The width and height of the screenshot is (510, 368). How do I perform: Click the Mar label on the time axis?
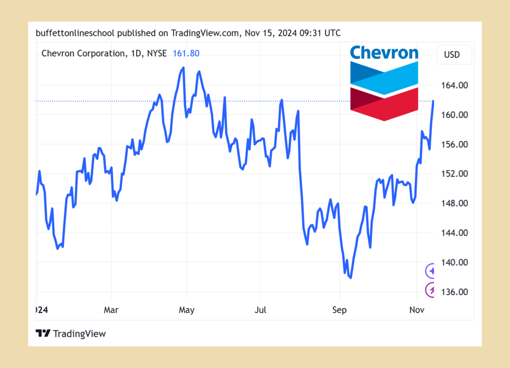[111, 310]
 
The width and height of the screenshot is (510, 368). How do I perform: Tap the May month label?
[186, 310]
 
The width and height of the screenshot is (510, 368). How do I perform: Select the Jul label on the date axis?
[260, 310]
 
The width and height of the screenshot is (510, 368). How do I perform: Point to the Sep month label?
[339, 310]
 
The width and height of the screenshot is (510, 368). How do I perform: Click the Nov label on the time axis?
[416, 310]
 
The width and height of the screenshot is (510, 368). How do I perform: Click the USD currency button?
[454, 55]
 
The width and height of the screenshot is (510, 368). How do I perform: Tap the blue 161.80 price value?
[186, 53]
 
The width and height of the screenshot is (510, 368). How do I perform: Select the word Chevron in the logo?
[384, 53]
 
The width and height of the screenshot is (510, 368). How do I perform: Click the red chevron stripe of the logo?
[384, 106]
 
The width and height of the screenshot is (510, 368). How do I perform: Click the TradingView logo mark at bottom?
[43, 333]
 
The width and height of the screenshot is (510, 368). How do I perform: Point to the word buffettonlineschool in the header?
[75, 33]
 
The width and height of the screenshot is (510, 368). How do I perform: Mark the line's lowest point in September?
[351, 278]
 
